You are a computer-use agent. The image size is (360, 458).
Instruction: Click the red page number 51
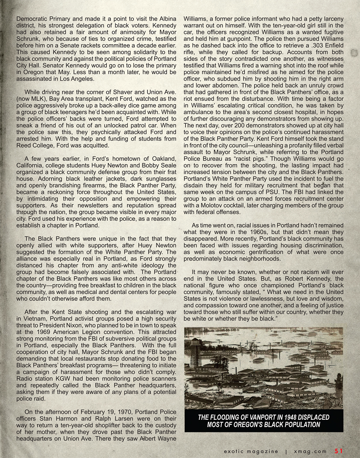[339, 451]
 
